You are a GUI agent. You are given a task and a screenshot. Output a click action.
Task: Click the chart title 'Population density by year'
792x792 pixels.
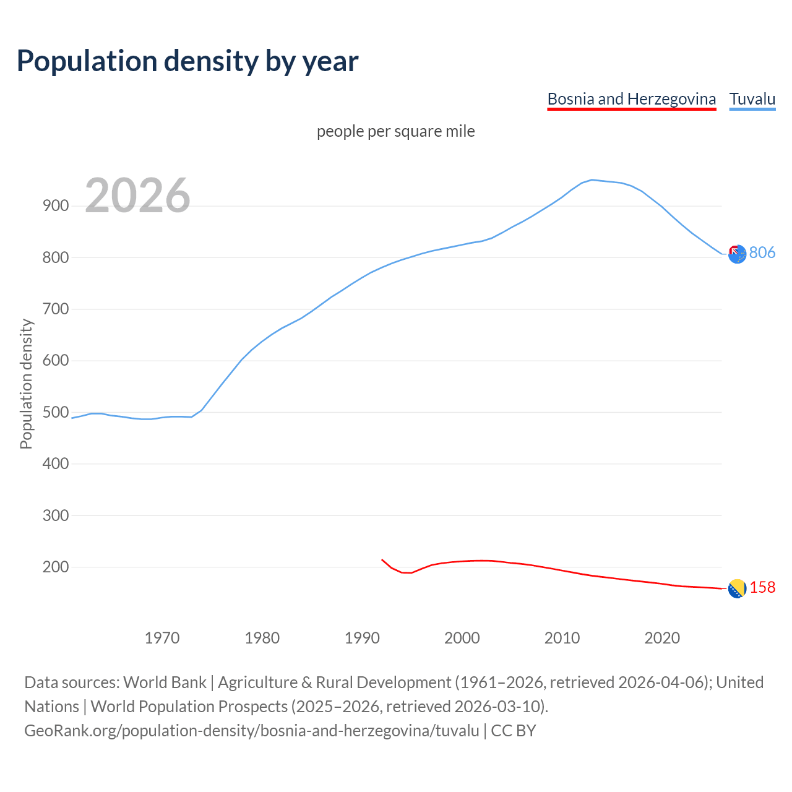187,61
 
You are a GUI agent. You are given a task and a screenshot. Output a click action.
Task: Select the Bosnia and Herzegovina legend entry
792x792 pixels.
631,99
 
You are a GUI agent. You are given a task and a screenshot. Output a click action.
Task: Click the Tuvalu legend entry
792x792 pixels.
752,99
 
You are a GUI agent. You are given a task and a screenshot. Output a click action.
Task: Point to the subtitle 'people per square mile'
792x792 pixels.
395,131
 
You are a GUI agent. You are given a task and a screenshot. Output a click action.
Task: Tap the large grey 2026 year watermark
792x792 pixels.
137,196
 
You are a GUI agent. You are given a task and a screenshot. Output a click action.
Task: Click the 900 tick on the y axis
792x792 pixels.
55,206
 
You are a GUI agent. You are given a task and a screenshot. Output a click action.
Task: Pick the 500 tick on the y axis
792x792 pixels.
55,412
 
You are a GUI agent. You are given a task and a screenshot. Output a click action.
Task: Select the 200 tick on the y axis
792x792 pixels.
55,567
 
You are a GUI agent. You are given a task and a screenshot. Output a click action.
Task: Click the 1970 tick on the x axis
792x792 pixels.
162,637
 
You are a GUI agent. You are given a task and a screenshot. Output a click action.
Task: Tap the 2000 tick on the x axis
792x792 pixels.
462,637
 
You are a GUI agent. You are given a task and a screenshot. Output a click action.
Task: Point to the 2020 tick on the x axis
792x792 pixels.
662,637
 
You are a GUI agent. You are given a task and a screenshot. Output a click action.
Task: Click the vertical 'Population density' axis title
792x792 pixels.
26,384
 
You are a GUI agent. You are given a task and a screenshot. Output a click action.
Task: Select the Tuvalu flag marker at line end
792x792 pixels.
737,254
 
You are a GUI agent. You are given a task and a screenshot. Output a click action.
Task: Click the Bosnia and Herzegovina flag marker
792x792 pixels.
736,589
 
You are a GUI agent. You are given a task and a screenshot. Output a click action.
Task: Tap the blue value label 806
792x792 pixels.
762,252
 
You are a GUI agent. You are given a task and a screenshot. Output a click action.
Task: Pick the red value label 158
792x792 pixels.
762,588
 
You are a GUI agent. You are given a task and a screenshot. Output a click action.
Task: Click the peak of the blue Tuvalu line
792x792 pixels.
592,180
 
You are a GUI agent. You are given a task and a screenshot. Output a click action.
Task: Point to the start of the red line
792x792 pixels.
382,559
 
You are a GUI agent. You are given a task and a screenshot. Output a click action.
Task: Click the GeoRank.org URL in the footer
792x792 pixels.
251,731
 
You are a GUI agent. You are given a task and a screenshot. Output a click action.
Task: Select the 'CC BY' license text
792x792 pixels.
513,731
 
